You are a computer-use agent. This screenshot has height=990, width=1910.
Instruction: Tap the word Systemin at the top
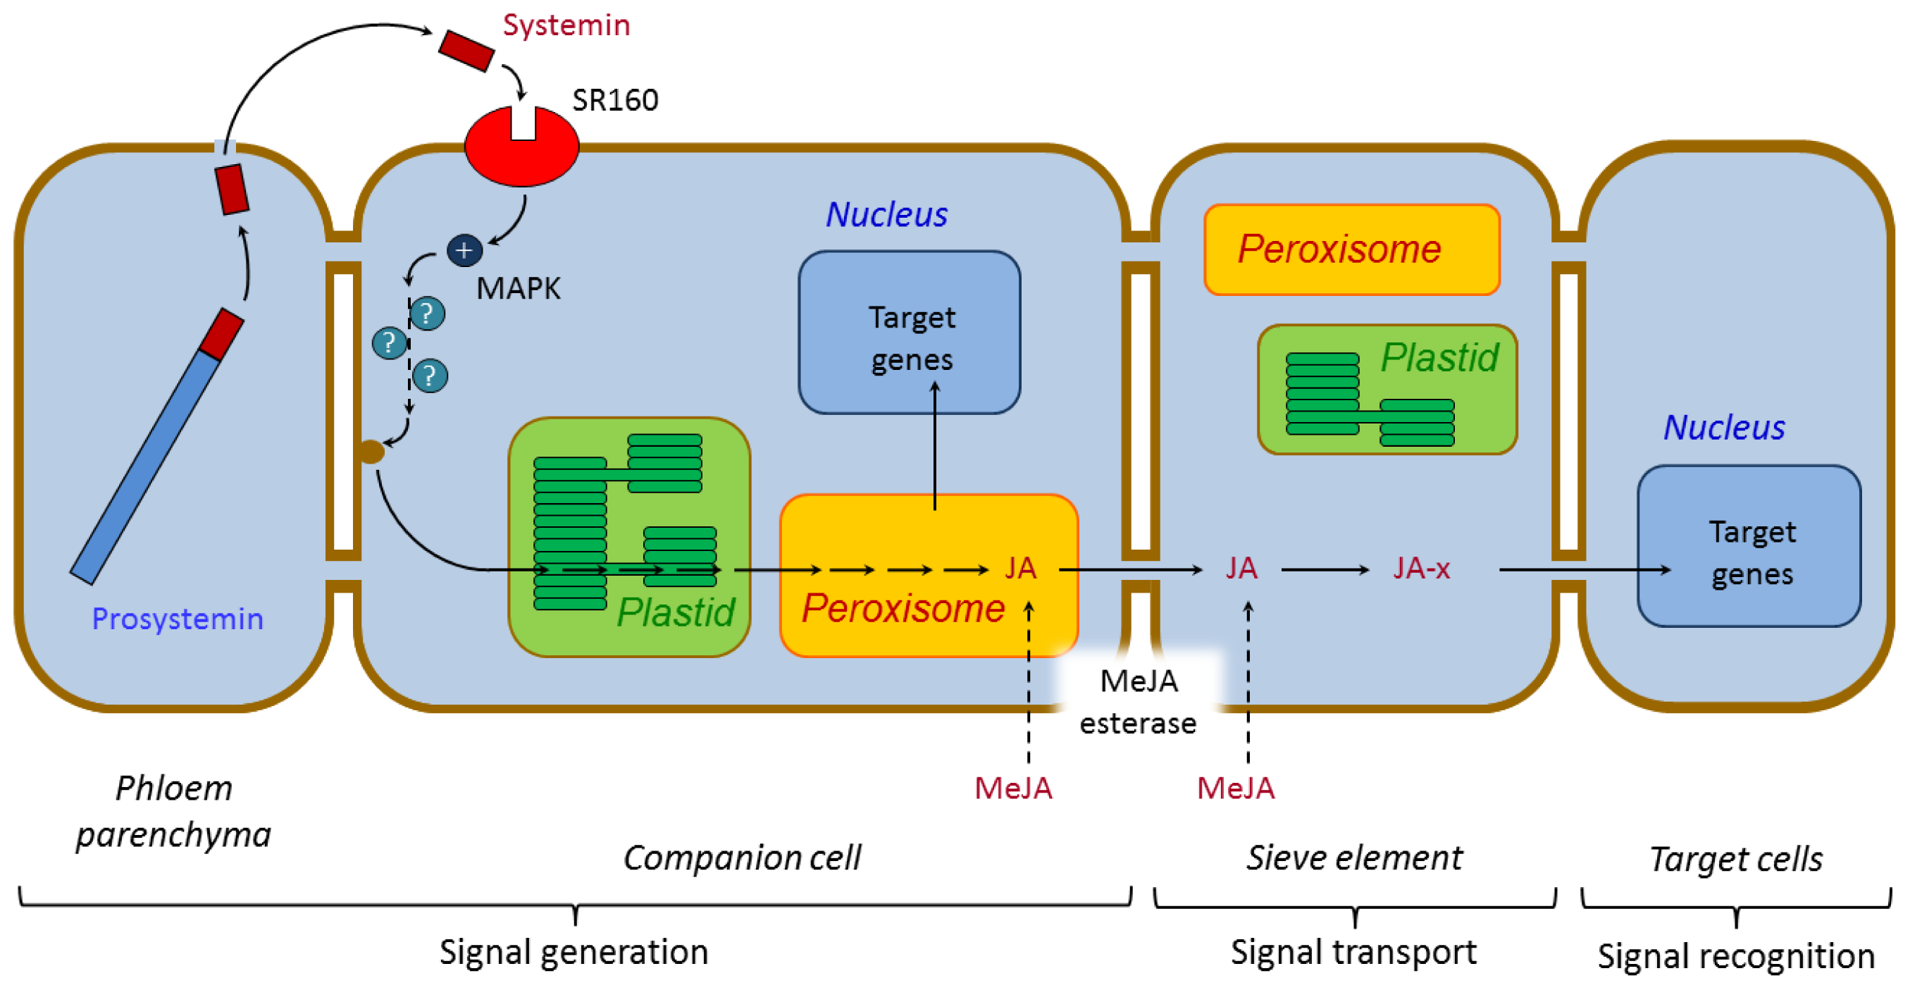click(566, 25)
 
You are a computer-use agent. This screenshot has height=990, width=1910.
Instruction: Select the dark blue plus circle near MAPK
click(465, 251)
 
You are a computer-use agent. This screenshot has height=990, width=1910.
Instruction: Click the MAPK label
click(519, 288)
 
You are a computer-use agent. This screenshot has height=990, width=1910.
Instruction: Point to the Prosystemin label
click(178, 619)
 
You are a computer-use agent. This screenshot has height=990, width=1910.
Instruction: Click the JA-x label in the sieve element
click(1421, 568)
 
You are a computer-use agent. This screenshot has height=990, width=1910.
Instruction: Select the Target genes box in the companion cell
click(910, 332)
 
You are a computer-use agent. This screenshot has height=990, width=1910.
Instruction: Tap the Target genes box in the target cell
click(1749, 547)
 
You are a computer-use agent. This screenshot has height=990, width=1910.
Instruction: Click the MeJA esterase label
click(1138, 702)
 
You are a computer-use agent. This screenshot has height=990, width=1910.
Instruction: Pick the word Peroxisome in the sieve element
click(1339, 249)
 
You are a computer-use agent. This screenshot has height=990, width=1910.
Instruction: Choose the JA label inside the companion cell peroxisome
click(1020, 568)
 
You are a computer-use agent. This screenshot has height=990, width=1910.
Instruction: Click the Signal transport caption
click(1353, 952)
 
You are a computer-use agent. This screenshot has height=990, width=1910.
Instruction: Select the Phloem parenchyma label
click(173, 811)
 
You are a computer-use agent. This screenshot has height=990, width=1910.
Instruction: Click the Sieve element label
click(1354, 858)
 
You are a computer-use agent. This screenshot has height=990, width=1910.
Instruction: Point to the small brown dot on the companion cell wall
click(371, 451)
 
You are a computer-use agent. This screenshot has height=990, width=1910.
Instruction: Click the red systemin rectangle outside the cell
click(466, 51)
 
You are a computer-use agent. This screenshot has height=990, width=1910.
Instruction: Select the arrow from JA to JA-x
click(1325, 569)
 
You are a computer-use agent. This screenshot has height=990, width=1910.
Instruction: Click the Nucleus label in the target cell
click(1724, 428)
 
